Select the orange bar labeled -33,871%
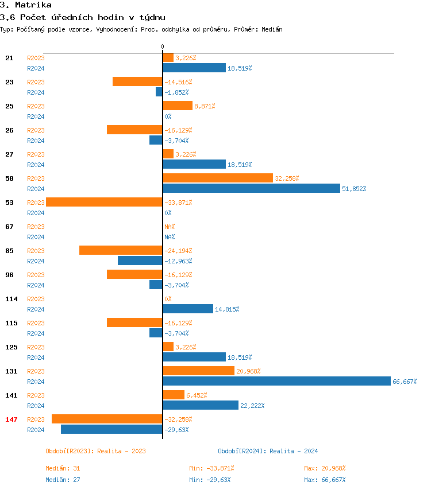point(104,202)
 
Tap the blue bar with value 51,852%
point(251,188)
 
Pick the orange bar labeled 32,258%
point(218,178)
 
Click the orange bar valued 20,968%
point(198,371)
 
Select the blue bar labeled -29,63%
point(111,429)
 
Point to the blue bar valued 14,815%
point(188,309)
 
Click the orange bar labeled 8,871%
point(178,106)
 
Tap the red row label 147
point(11,419)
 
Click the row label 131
point(11,371)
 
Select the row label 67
point(9,227)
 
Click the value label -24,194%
point(178,251)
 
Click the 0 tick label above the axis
point(162,46)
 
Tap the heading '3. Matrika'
point(25,5)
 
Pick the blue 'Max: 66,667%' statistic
point(325,480)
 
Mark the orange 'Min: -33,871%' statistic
point(211,468)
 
